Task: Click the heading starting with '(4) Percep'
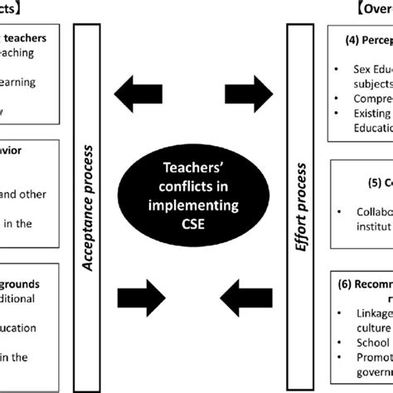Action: point(366,38)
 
